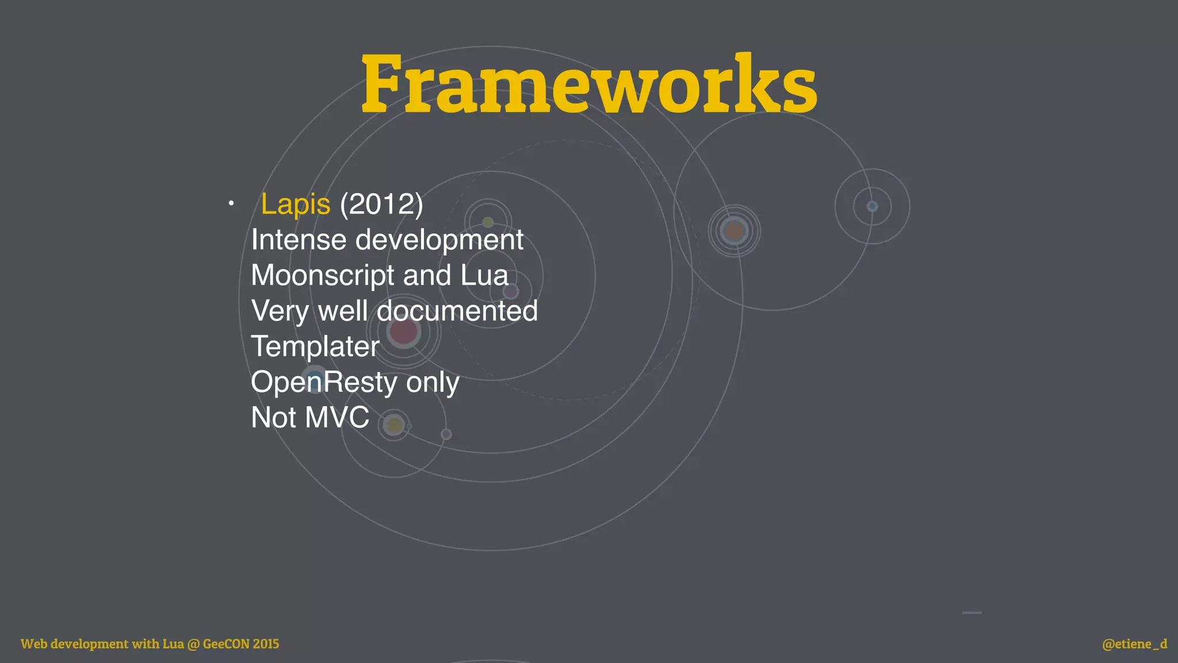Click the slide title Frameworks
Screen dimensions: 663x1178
coord(589,84)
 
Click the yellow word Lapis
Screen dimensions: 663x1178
coord(296,204)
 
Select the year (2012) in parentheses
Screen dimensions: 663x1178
coord(381,204)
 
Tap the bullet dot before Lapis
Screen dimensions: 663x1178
coord(231,203)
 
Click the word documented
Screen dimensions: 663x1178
coord(457,311)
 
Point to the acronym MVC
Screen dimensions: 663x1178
coord(338,417)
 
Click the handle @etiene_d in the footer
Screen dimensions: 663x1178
coord(1134,644)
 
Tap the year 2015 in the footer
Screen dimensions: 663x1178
coord(266,644)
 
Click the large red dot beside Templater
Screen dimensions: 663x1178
coord(403,331)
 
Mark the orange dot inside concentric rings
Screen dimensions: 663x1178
coord(734,231)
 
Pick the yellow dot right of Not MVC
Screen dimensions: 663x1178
coord(395,426)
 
